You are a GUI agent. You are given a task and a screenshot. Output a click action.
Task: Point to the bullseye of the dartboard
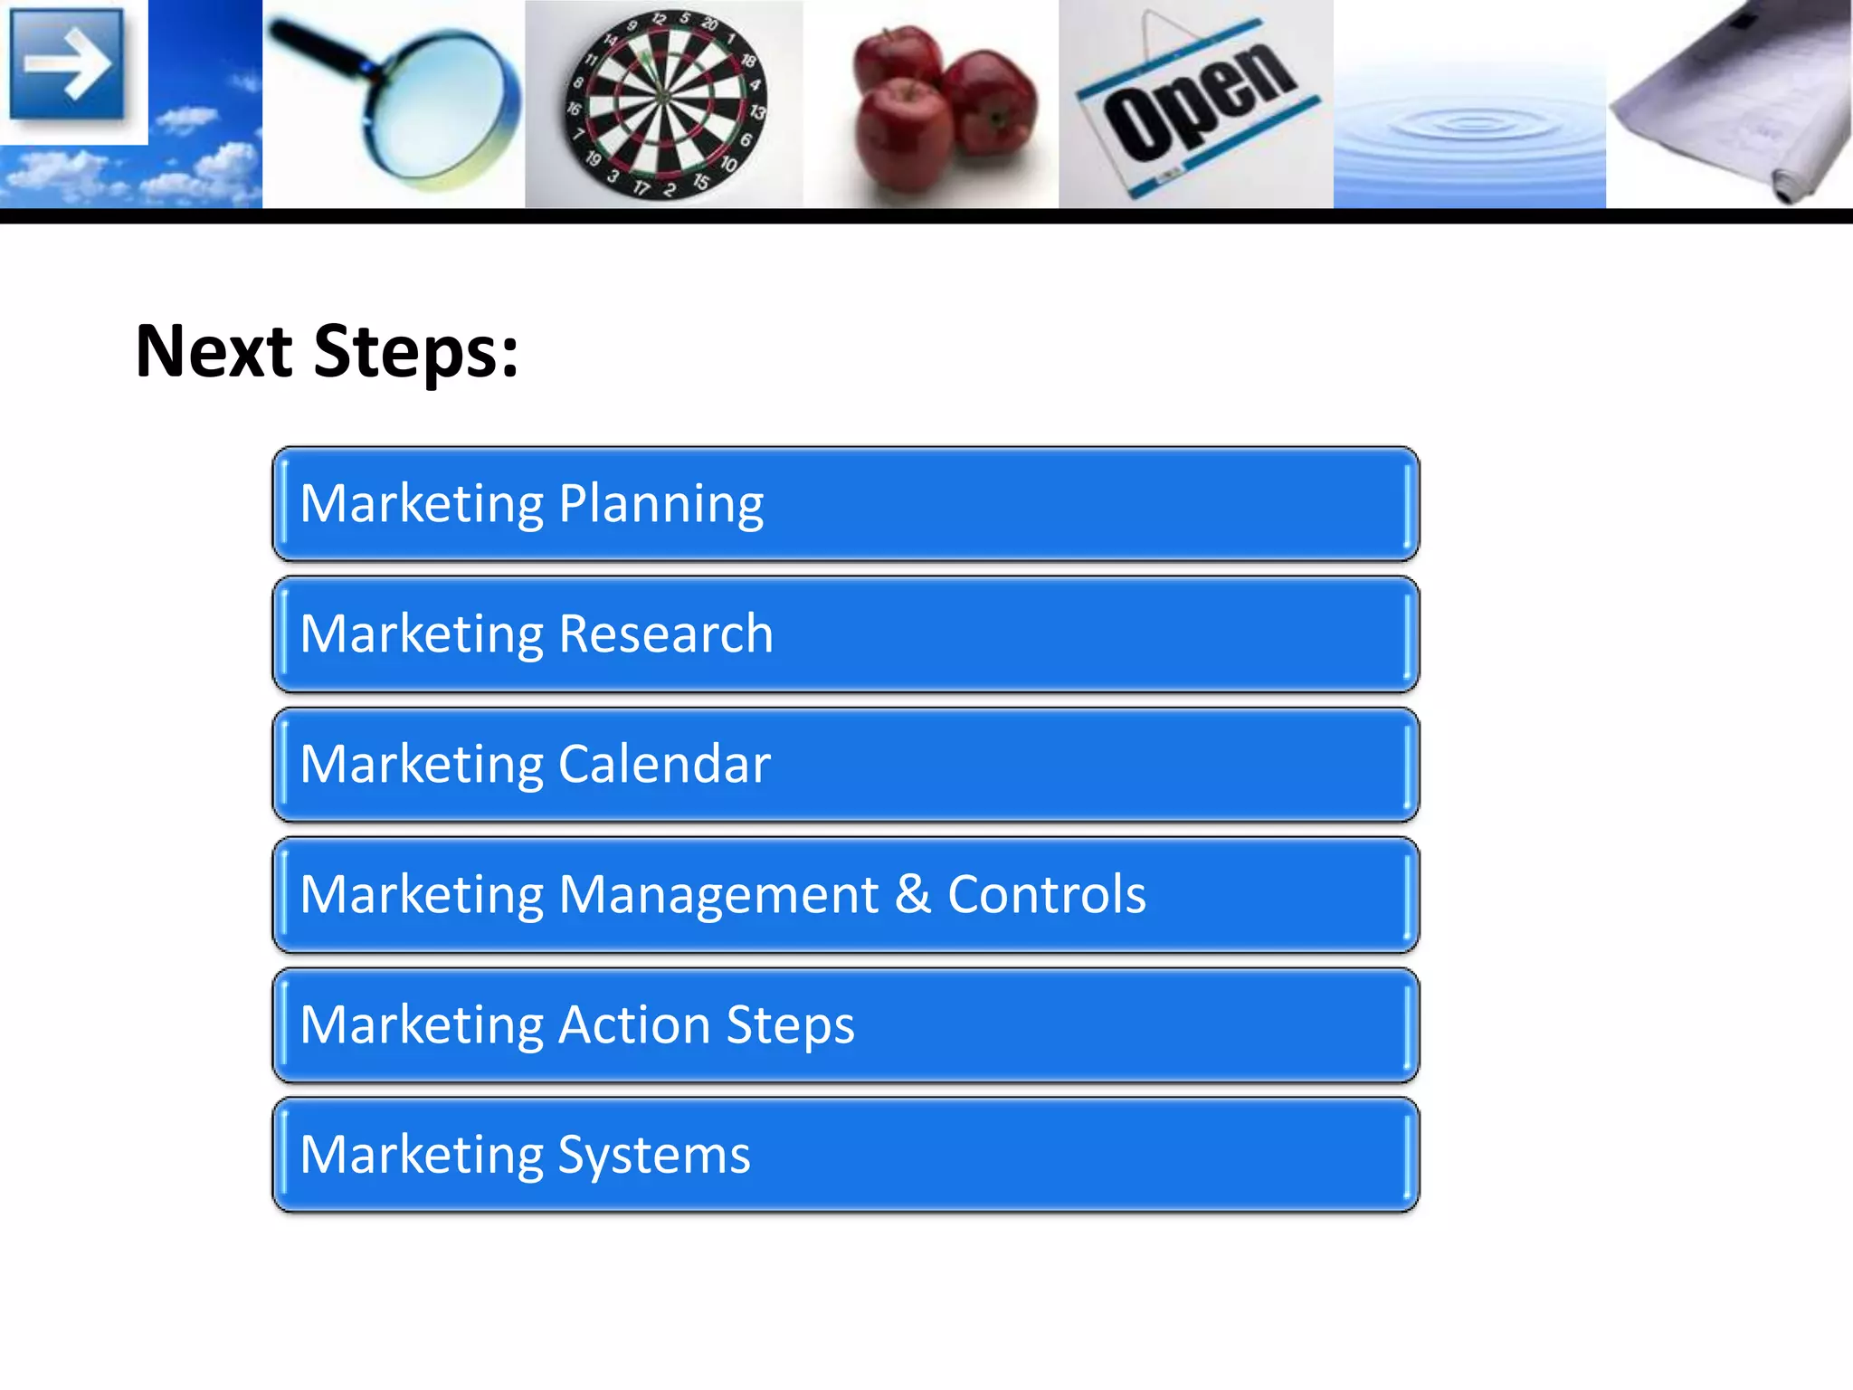[663, 96]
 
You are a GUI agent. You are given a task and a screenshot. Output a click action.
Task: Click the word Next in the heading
[214, 351]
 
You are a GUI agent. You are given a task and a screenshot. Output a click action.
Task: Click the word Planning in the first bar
[661, 505]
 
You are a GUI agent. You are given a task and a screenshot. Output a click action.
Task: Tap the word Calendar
[664, 764]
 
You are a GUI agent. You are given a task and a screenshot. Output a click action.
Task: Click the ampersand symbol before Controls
[913, 894]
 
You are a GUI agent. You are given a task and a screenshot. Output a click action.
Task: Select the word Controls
[1047, 894]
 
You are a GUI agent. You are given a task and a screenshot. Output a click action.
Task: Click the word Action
[634, 1024]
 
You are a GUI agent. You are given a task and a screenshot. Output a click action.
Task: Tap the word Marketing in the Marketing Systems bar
[421, 1156]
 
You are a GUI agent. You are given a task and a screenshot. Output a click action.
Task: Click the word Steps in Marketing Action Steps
[790, 1026]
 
